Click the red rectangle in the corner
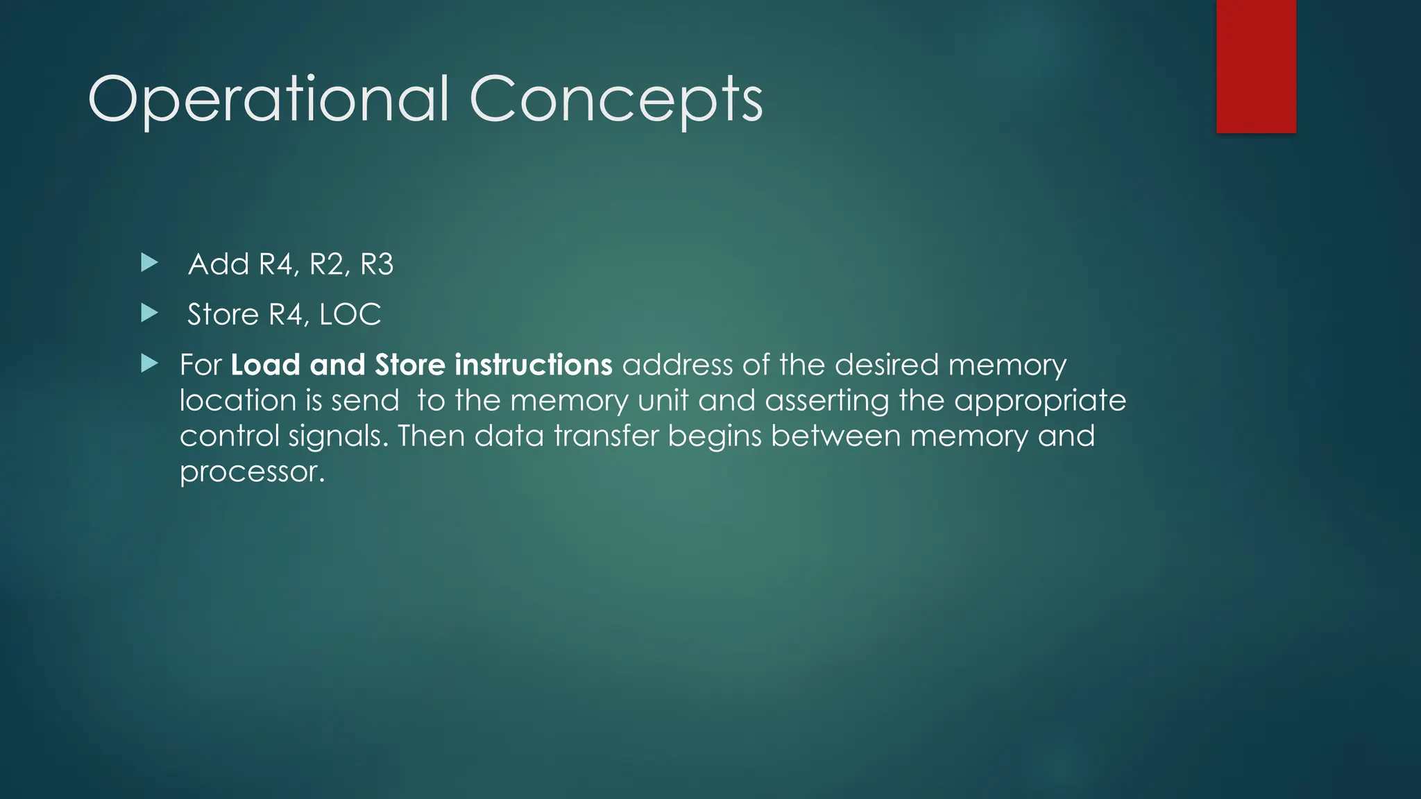pyautogui.click(x=1256, y=66)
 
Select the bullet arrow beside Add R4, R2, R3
pyautogui.click(x=149, y=263)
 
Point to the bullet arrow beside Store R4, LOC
pyautogui.click(x=149, y=313)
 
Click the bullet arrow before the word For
pyautogui.click(x=149, y=363)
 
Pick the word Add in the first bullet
pyautogui.click(x=219, y=264)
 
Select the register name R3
pyautogui.click(x=377, y=264)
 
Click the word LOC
pyautogui.click(x=350, y=315)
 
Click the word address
pyautogui.click(x=677, y=365)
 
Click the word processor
pyautogui.click(x=252, y=472)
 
